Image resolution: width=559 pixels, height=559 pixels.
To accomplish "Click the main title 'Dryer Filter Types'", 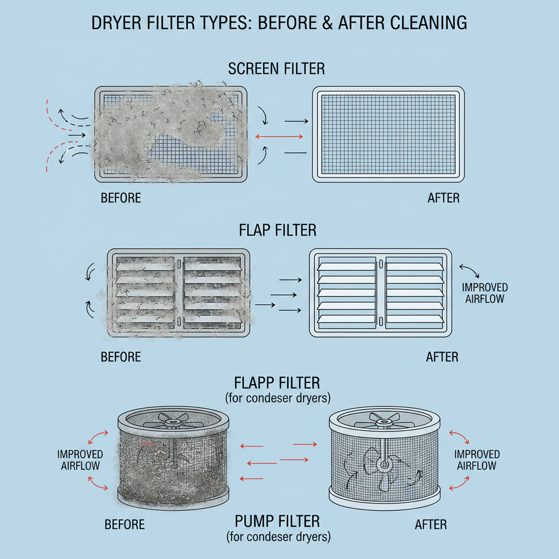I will (x=279, y=22).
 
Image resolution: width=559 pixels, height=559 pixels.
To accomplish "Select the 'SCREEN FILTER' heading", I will (x=276, y=69).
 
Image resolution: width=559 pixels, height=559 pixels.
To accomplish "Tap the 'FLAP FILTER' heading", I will (x=277, y=230).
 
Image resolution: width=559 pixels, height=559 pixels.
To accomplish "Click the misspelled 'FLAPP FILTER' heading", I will (x=277, y=382).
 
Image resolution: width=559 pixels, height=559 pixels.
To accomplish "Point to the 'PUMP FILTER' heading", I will (x=277, y=520).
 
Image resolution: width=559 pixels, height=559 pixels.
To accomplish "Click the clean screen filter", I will (x=388, y=134).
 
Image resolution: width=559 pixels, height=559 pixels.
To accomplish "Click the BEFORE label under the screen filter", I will (x=121, y=198).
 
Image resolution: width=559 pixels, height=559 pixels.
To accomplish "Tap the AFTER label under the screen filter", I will (x=443, y=198).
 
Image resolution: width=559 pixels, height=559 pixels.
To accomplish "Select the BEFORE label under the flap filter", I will (x=121, y=357).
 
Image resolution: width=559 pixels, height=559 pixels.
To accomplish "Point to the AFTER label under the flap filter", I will (x=442, y=357).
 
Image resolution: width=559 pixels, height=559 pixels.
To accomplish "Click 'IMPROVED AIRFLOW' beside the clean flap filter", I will (x=484, y=293).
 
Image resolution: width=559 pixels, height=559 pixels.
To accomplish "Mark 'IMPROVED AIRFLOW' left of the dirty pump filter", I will (x=80, y=460).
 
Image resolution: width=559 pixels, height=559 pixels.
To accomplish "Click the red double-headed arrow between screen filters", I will (x=279, y=136).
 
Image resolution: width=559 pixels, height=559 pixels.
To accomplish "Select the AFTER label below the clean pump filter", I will (x=431, y=525).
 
